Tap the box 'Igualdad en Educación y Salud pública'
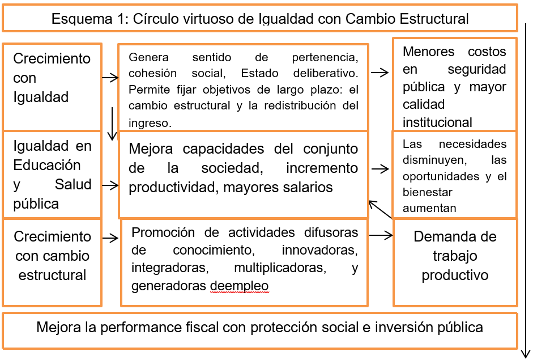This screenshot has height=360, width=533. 52,174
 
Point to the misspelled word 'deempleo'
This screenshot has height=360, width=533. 239,286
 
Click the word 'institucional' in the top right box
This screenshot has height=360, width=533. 437,122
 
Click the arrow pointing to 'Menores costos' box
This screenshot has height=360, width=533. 380,73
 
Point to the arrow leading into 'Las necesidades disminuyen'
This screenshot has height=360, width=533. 381,168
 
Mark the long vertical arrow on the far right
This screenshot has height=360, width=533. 526,187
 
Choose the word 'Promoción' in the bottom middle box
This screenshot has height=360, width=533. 163,232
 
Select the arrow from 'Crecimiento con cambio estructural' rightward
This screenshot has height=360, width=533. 110,238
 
